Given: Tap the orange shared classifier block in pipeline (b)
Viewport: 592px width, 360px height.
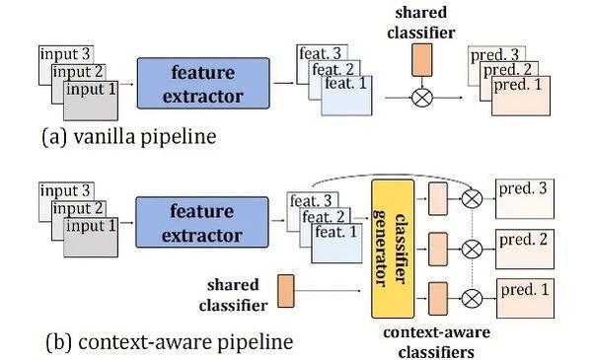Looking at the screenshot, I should [x=285, y=289].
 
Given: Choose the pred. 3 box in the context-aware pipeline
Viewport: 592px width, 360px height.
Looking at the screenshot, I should [x=529, y=199].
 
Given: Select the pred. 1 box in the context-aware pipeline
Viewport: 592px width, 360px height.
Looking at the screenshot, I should [x=529, y=294].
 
